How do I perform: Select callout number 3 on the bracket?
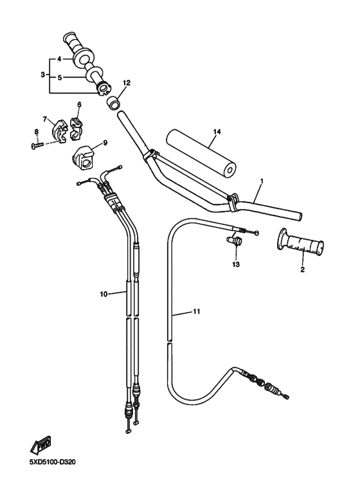point(42,75)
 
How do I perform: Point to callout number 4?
point(59,59)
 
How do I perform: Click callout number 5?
point(59,78)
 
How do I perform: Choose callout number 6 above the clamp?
point(79,104)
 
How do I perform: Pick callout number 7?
point(45,119)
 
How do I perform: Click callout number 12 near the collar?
point(127,83)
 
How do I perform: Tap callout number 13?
point(235,264)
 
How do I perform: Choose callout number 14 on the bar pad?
point(217,131)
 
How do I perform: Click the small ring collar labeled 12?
point(113,101)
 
